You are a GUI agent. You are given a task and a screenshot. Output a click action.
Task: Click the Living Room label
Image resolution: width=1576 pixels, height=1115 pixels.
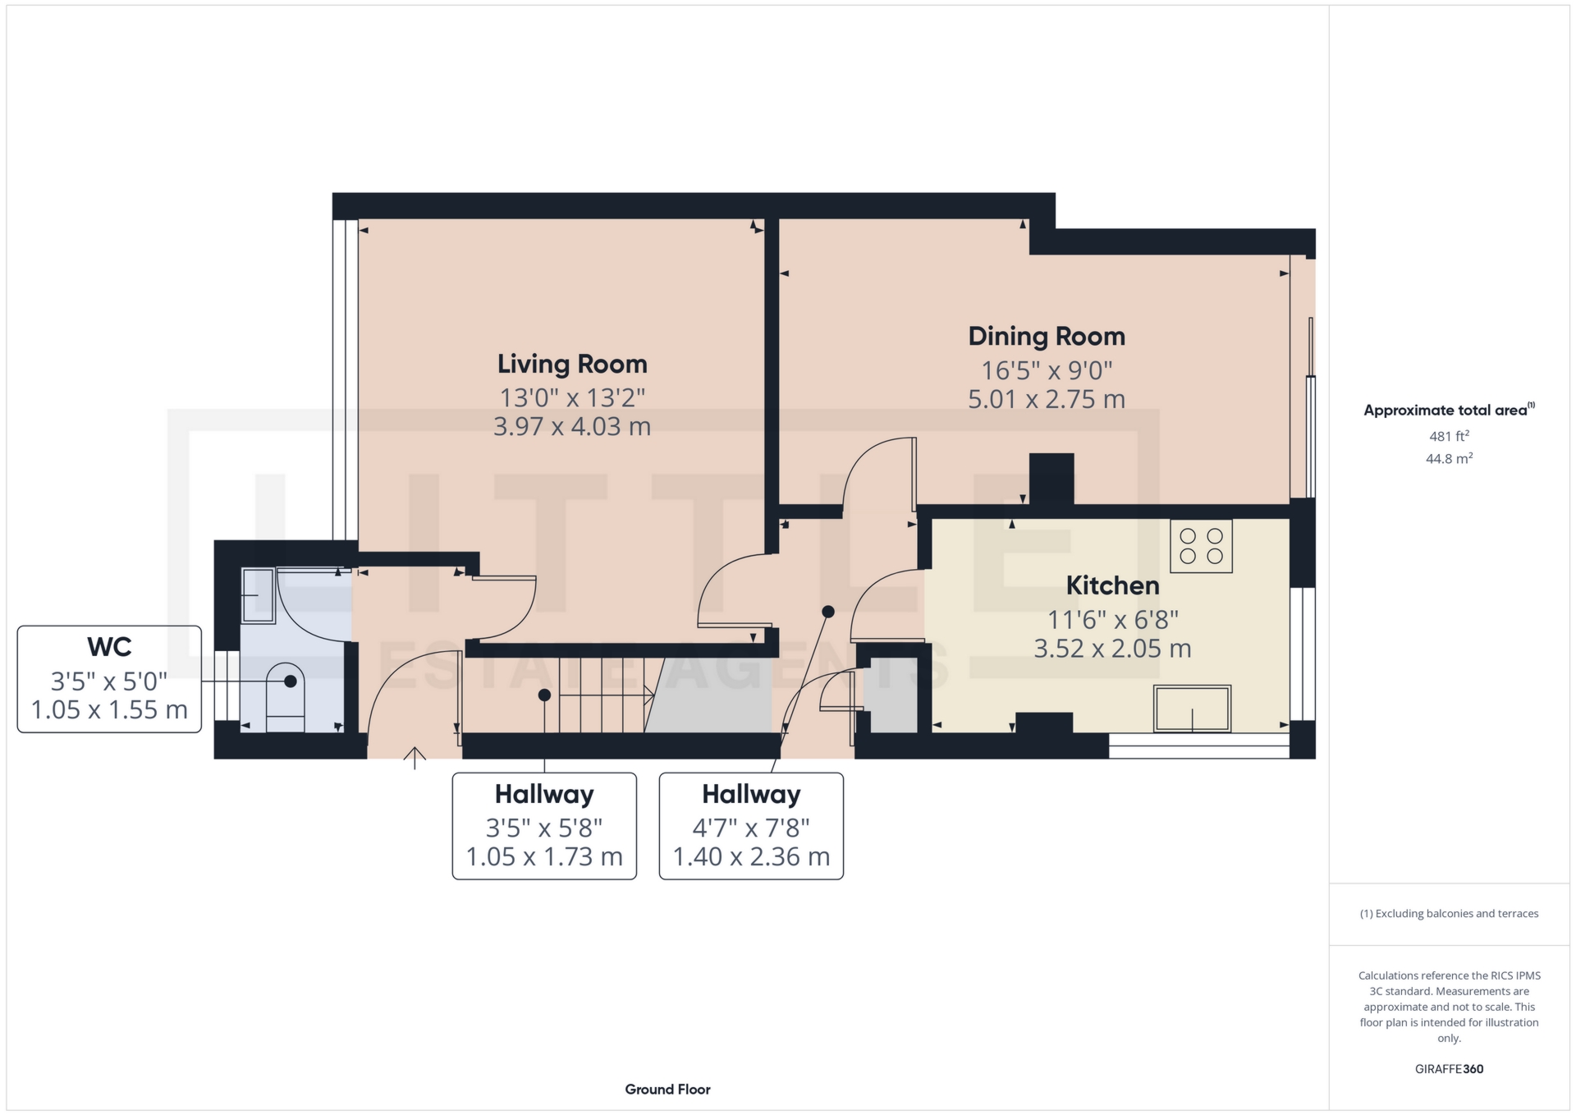pyautogui.click(x=572, y=364)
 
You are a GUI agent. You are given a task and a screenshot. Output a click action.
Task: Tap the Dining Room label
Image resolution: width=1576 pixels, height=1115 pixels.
pyautogui.click(x=1047, y=336)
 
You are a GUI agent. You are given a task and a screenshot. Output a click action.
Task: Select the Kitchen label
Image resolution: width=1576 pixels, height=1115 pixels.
pyautogui.click(x=1112, y=585)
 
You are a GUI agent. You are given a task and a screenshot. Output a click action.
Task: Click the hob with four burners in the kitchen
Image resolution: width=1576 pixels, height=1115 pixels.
pyautogui.click(x=1201, y=546)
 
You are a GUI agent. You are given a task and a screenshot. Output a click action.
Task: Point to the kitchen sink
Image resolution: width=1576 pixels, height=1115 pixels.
pyautogui.click(x=1192, y=708)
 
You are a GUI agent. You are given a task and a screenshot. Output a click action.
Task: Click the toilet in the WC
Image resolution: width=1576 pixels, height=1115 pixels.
pyautogui.click(x=285, y=697)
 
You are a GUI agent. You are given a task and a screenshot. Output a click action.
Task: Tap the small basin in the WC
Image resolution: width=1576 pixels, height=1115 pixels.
pyautogui.click(x=258, y=595)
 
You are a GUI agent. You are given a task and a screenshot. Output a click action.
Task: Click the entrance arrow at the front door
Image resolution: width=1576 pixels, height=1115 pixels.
pyautogui.click(x=415, y=758)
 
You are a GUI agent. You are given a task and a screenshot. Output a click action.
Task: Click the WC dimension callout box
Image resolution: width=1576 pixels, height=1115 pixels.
pyautogui.click(x=109, y=679)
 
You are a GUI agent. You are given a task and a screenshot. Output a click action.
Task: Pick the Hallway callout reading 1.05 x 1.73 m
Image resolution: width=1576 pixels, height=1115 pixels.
pyautogui.click(x=544, y=826)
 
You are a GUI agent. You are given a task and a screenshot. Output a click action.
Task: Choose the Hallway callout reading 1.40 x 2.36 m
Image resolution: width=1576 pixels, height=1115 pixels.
pyautogui.click(x=751, y=826)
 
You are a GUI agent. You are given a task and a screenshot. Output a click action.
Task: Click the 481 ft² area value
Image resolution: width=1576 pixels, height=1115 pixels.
pyautogui.click(x=1449, y=436)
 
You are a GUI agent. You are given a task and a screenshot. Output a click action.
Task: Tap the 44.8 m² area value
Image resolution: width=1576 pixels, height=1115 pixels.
pyautogui.click(x=1449, y=458)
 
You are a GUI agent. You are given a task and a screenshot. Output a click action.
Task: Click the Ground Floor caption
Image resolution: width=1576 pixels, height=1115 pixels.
pyautogui.click(x=667, y=1090)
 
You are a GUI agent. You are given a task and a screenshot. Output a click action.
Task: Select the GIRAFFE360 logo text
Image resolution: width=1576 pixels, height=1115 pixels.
pyautogui.click(x=1449, y=1069)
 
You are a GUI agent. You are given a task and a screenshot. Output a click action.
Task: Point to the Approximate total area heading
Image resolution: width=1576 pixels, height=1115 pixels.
pyautogui.click(x=1449, y=410)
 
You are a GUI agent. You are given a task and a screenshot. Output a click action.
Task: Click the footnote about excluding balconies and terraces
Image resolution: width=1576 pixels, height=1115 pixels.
pyautogui.click(x=1449, y=914)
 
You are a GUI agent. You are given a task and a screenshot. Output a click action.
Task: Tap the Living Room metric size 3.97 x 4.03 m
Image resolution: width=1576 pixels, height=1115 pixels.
pyautogui.click(x=572, y=427)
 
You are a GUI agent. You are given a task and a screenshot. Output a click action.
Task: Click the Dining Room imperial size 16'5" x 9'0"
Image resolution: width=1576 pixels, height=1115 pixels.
pyautogui.click(x=1047, y=370)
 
